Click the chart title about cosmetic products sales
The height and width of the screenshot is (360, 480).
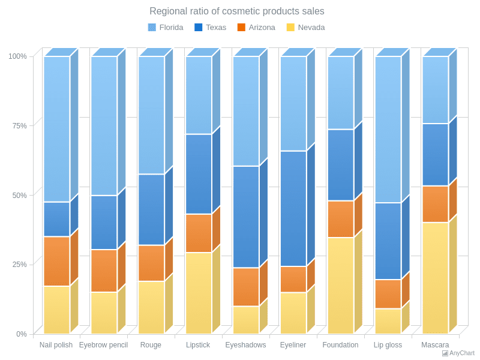click(236, 11)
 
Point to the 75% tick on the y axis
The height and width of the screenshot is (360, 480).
click(17, 126)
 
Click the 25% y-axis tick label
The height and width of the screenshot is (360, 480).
click(17, 265)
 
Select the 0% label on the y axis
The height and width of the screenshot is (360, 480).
click(21, 334)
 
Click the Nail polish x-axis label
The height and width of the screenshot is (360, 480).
click(56, 345)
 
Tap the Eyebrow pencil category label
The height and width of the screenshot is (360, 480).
click(103, 345)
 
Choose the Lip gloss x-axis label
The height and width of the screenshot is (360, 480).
click(388, 345)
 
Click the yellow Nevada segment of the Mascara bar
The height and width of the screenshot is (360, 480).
click(435, 278)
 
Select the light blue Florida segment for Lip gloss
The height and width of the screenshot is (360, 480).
click(388, 129)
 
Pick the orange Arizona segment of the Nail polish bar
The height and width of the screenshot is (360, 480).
click(56, 261)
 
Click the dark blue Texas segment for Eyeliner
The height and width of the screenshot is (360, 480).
click(293, 208)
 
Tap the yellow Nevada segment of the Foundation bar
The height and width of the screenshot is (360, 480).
click(340, 285)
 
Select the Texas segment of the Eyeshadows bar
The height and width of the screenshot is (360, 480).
click(245, 217)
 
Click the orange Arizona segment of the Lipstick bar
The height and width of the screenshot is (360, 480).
click(198, 233)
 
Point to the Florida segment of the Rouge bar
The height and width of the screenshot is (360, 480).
click(151, 115)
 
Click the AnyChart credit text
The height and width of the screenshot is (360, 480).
click(461, 353)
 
